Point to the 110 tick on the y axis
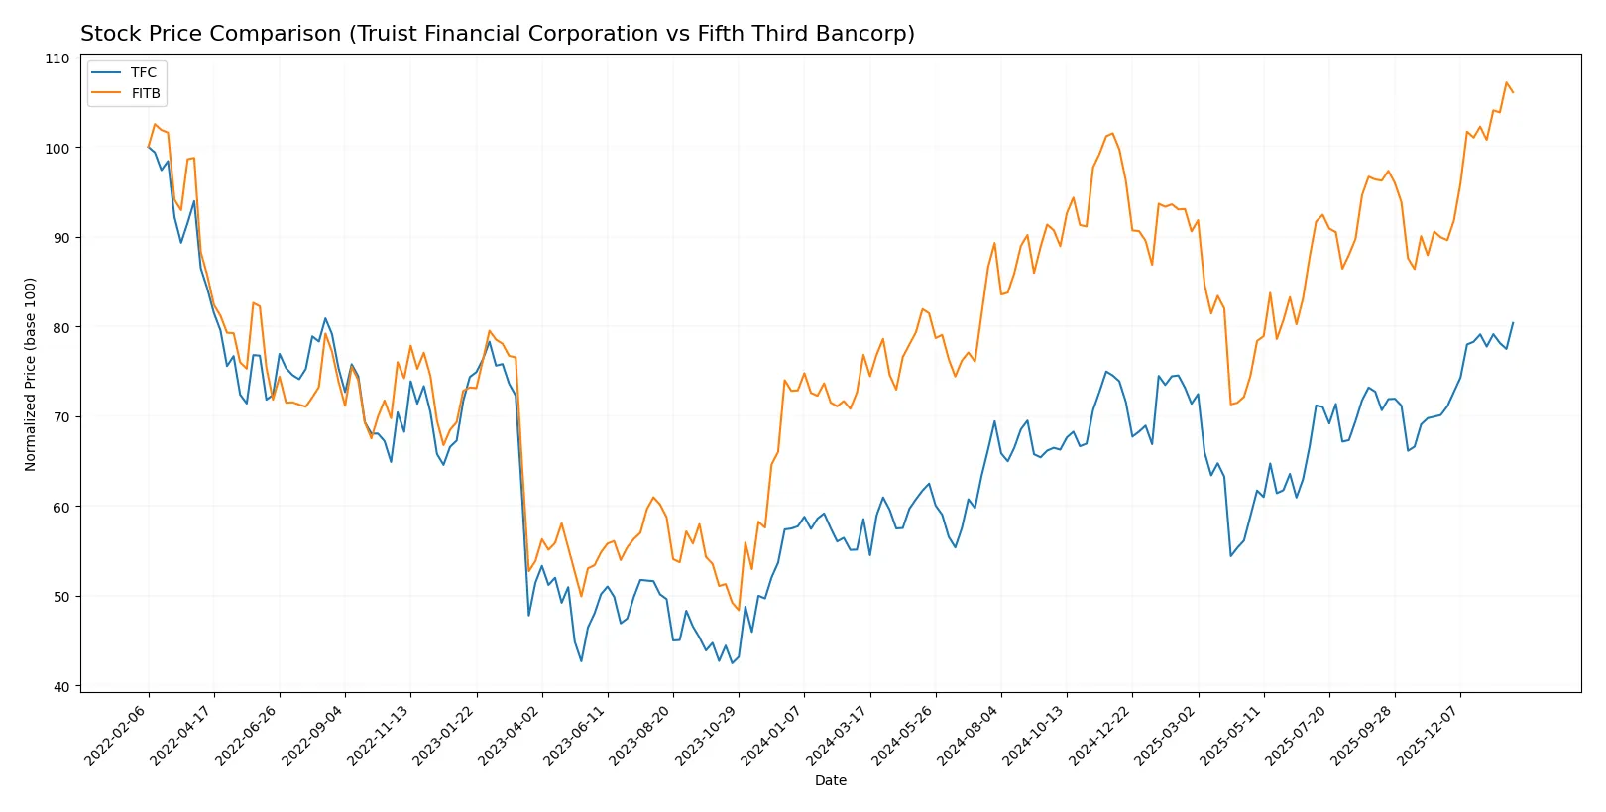pos(57,58)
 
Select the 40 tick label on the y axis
pos(61,686)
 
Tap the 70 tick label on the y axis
pos(61,417)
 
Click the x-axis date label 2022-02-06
pos(117,736)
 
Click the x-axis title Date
pos(830,780)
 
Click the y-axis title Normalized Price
pos(31,374)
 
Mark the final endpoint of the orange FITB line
pos(1513,92)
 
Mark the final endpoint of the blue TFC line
pos(1513,322)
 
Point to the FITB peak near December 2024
pos(1112,133)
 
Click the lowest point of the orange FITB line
pos(739,610)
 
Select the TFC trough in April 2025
pos(1230,555)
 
